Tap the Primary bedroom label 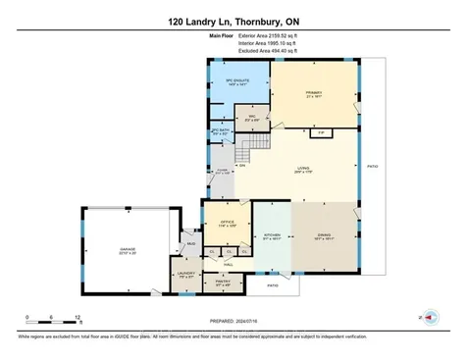pyautogui.click(x=314, y=93)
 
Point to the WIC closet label pyautogui.click(x=251, y=121)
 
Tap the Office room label pyautogui.click(x=227, y=224)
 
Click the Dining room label pyautogui.click(x=323, y=235)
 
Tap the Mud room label pyautogui.click(x=191, y=242)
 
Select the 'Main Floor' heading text pyautogui.click(x=222, y=35)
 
